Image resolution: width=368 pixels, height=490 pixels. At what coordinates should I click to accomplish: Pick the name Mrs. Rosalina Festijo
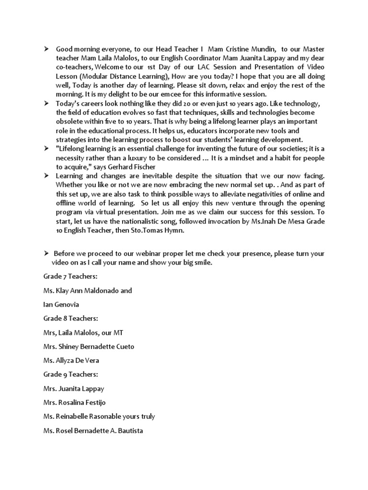tap(81, 402)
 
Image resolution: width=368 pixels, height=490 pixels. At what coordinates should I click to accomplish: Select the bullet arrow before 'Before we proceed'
tap(46, 253)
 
